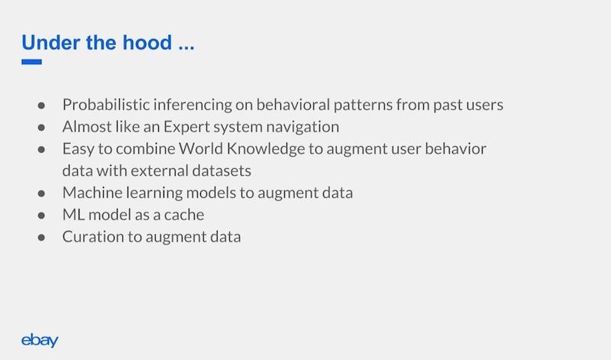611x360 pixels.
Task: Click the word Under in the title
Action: tap(50, 42)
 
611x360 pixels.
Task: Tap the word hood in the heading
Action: tap(147, 42)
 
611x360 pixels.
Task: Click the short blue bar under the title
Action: tap(31, 62)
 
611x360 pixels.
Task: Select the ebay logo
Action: tap(40, 340)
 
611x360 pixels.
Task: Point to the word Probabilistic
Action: tap(105, 105)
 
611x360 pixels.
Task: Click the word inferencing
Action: tap(192, 105)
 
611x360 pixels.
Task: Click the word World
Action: tap(201, 148)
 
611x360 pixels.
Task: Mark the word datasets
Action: tap(221, 171)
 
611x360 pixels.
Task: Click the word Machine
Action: tap(92, 193)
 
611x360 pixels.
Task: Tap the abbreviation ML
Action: tap(73, 215)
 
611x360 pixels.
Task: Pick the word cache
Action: tap(184, 215)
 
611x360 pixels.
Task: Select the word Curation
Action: tap(93, 237)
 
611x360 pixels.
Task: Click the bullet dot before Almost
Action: tap(41, 128)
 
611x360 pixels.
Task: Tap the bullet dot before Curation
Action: tap(41, 238)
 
